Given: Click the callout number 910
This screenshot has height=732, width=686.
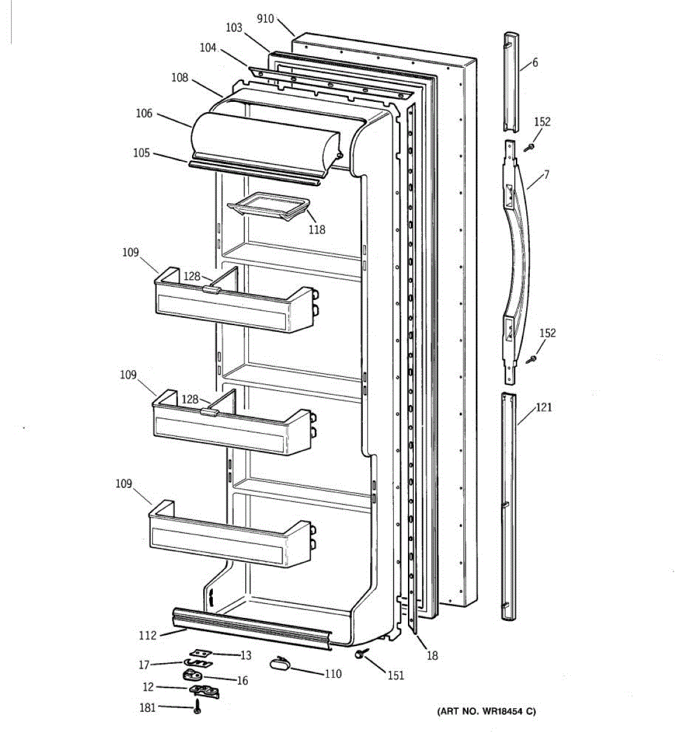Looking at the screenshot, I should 265,19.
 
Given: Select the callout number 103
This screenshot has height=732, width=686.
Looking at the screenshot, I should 234,27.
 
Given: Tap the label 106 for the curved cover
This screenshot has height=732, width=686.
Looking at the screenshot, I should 144,113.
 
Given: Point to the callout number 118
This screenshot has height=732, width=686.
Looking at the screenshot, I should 316,229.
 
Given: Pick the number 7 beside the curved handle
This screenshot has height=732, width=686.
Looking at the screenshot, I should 546,174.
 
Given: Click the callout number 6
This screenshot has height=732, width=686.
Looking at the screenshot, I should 535,62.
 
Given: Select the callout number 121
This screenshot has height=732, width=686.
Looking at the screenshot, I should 543,407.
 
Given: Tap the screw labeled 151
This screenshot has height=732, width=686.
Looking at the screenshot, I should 359,655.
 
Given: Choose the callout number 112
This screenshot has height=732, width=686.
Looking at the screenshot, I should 148,635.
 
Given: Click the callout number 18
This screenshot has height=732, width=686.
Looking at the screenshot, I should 432,656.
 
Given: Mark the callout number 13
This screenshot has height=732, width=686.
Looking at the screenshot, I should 245,655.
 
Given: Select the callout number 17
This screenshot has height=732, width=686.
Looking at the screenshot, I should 145,664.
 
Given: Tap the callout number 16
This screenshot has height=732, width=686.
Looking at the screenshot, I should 242,680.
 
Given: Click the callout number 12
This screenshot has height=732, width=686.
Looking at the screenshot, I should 148,687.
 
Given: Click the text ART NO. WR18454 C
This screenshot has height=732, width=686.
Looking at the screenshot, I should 486,711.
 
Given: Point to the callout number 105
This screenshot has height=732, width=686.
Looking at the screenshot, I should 141,152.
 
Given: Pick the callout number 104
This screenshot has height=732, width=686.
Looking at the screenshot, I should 208,47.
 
